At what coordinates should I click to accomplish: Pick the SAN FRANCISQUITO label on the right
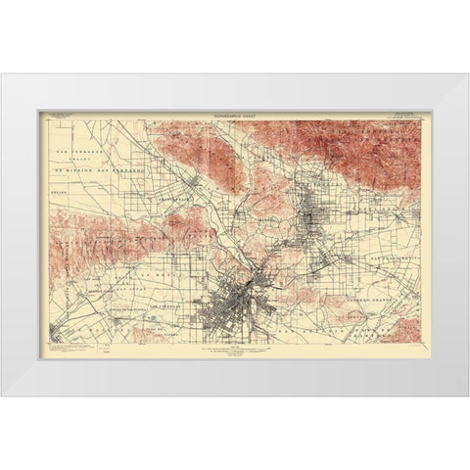tap(393, 256)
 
